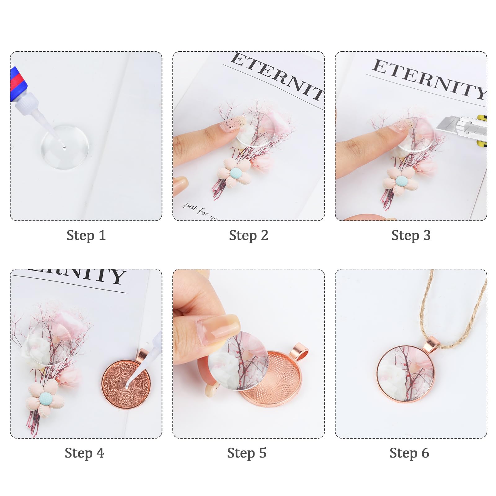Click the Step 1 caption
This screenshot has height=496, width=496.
pyautogui.click(x=86, y=235)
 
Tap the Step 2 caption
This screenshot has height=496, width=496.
pyautogui.click(x=248, y=235)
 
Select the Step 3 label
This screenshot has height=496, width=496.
pyautogui.click(x=411, y=235)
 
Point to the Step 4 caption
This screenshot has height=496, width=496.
pyautogui.click(x=84, y=453)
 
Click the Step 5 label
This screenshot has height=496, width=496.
pyautogui.click(x=247, y=453)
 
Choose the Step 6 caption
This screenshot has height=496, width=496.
pyautogui.click(x=409, y=453)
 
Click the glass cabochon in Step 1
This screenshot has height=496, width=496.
pyautogui.click(x=65, y=147)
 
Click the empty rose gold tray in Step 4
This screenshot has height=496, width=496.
pyautogui.click(x=126, y=384)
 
